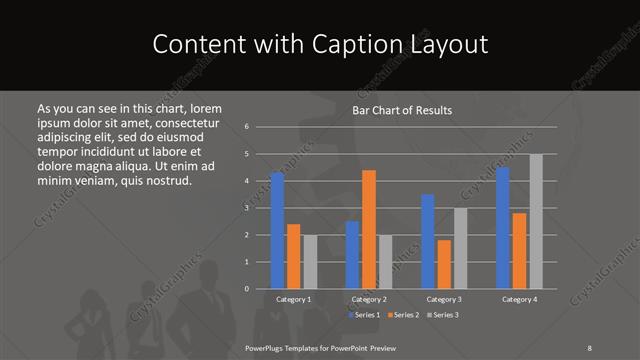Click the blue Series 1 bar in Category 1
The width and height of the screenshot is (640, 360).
coord(277,230)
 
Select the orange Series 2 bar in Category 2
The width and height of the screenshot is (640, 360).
coord(369,229)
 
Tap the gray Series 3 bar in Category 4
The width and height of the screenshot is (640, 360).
coord(536,221)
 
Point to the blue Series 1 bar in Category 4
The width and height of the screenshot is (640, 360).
coord(503,228)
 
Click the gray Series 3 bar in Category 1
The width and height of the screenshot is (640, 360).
coord(310,262)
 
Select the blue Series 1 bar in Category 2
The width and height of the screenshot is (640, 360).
coord(352,255)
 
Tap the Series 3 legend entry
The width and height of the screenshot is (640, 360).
coord(443,316)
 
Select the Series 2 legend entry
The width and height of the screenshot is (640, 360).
coord(403,316)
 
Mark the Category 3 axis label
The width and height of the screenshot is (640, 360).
coord(444,299)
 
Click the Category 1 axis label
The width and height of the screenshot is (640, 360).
coord(293,299)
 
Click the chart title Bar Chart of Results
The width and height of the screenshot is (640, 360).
coord(402,110)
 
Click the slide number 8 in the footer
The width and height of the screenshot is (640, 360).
coord(590,347)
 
